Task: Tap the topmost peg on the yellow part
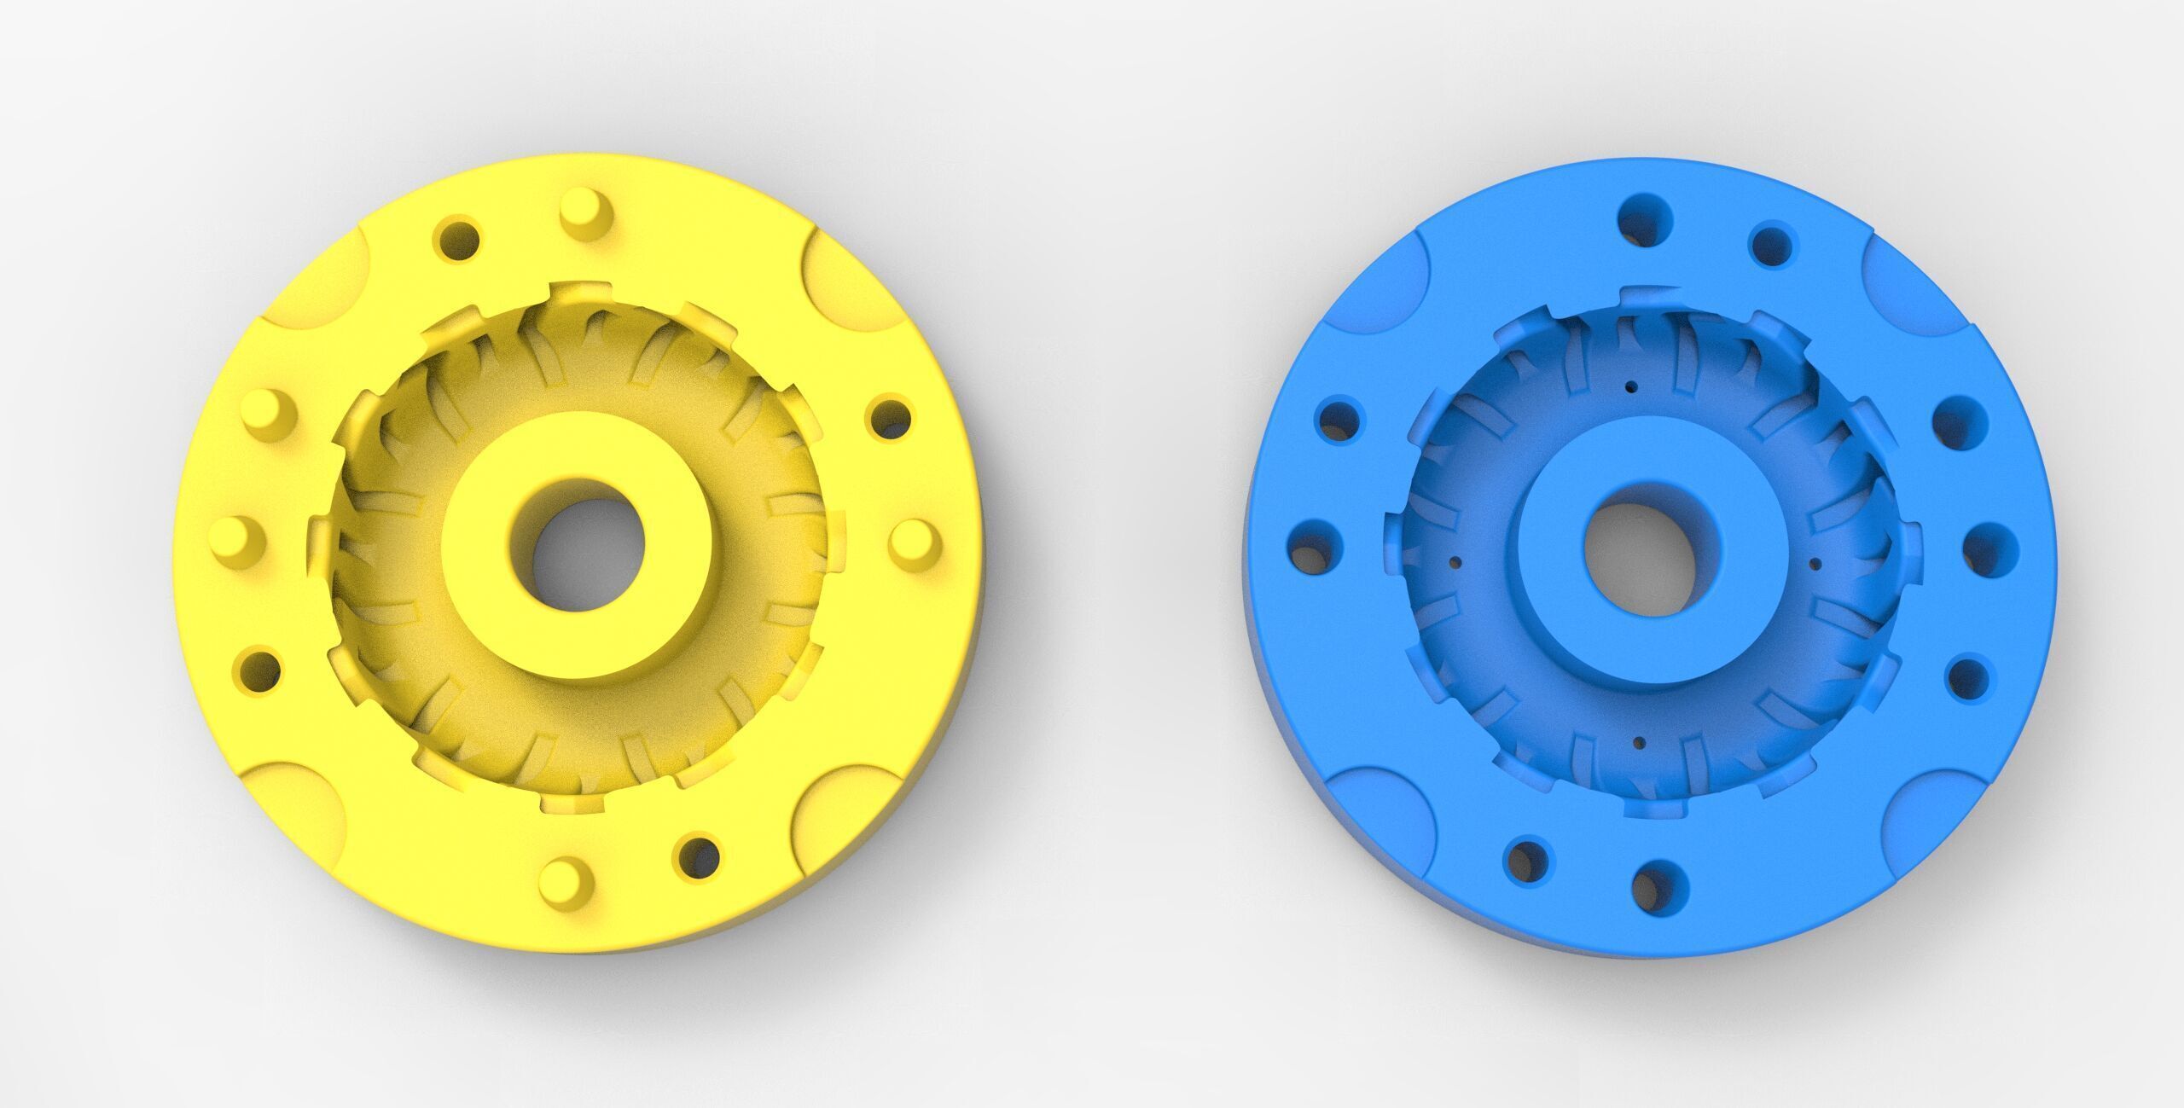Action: pos(587,212)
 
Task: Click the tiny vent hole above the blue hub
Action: pos(1630,386)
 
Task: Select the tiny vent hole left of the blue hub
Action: pos(1455,561)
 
